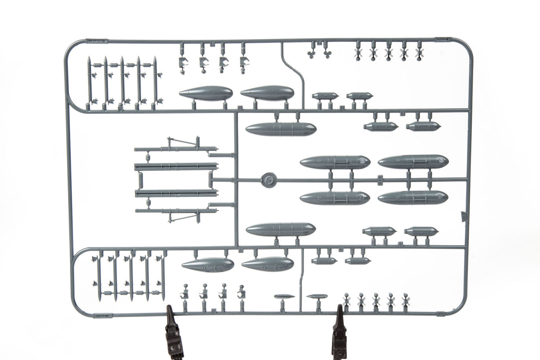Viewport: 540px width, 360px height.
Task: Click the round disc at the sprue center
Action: click(268, 180)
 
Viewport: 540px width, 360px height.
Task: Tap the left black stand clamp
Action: click(174, 332)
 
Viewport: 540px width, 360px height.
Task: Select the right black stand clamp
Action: click(339, 332)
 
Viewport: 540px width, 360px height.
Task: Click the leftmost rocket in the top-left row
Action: click(89, 82)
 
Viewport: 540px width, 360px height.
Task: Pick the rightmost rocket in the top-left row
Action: click(155, 82)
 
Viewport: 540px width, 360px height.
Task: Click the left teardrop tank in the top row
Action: click(206, 93)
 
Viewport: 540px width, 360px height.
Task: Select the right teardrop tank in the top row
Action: click(267, 93)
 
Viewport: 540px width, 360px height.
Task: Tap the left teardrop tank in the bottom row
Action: click(208, 265)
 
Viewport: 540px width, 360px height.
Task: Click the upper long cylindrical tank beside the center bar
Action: click(281, 129)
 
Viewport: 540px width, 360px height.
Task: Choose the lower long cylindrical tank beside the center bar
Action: click(281, 230)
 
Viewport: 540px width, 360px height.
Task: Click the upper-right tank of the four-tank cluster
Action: click(413, 161)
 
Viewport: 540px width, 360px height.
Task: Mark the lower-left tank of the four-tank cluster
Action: click(334, 198)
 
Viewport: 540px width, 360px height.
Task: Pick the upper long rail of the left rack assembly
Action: click(176, 167)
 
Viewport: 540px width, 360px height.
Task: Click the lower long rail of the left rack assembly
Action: click(176, 193)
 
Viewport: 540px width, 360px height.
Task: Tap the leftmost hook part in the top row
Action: click(183, 62)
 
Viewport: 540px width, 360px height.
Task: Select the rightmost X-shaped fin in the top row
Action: click(419, 53)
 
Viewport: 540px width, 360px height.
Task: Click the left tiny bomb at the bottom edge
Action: click(284, 296)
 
